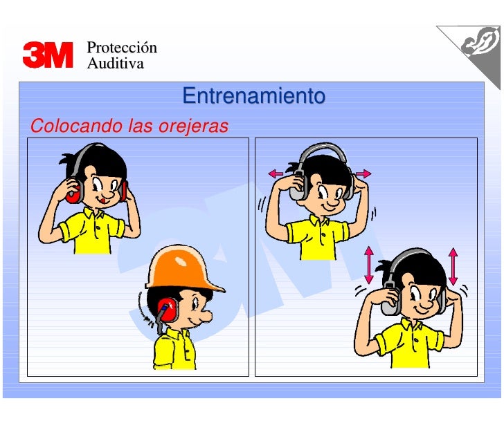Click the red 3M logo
click(48, 55)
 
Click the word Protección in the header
click(122, 48)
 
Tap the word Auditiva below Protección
click(115, 64)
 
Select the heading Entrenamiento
click(253, 96)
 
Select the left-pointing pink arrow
click(276, 173)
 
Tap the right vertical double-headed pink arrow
click(453, 265)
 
